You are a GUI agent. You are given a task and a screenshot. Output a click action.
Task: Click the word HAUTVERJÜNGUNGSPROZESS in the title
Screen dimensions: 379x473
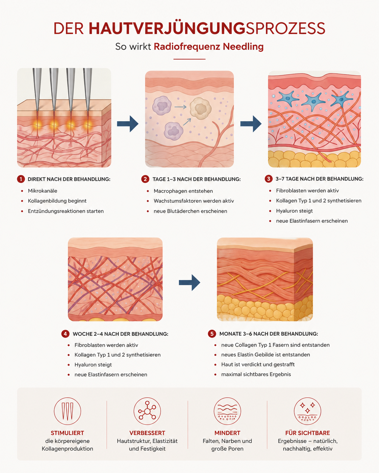(x=207, y=28)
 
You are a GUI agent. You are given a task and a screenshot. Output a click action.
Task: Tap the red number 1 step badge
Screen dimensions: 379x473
(x=21, y=179)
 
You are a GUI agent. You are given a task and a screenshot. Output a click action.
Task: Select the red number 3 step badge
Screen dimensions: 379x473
(x=269, y=179)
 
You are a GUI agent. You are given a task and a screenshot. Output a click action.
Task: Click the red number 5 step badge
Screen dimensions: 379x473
(x=212, y=334)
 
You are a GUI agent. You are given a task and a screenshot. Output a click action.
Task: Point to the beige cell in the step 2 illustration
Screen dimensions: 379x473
(x=201, y=108)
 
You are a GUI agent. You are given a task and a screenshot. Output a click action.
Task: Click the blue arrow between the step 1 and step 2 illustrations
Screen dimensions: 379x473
(x=128, y=124)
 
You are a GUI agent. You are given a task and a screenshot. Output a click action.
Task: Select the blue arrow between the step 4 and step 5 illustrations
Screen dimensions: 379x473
(x=189, y=283)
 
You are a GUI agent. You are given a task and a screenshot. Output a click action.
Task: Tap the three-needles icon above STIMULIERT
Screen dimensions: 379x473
(x=67, y=411)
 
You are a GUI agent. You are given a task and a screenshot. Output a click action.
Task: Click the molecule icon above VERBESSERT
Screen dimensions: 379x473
(x=147, y=411)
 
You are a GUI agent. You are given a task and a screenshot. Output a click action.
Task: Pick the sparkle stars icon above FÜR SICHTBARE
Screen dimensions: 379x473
(x=307, y=411)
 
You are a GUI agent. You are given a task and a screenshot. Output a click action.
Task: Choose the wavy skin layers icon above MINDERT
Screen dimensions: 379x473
(x=227, y=411)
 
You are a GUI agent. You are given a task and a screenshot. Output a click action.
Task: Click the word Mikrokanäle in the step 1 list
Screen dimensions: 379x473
(x=43, y=191)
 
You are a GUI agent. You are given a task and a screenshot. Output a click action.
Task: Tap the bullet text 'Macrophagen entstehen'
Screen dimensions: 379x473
(x=183, y=191)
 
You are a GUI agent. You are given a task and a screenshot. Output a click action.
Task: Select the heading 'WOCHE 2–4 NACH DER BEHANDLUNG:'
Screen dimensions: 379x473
(x=120, y=334)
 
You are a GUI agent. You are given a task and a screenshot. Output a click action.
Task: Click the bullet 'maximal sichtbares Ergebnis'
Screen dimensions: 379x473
(x=256, y=374)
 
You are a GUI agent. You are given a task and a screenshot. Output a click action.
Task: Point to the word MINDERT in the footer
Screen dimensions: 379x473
(x=227, y=433)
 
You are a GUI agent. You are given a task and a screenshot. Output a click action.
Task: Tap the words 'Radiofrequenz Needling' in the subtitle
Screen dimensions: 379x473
(x=208, y=47)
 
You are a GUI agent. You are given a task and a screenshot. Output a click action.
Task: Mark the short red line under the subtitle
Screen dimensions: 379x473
(x=189, y=59)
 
